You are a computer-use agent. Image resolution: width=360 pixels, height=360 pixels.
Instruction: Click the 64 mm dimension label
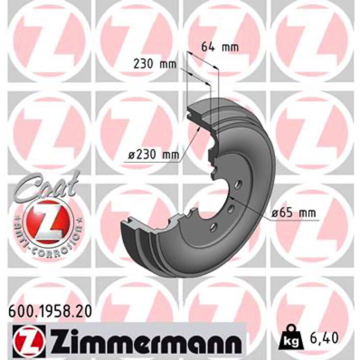220,47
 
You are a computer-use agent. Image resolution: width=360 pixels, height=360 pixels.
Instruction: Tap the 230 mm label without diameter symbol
155,64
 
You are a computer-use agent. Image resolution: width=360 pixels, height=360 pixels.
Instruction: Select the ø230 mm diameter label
153,155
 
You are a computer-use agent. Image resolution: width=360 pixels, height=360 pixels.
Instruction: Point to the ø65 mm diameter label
293,213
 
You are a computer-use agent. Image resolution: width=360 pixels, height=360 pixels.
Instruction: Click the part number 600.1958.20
50,311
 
